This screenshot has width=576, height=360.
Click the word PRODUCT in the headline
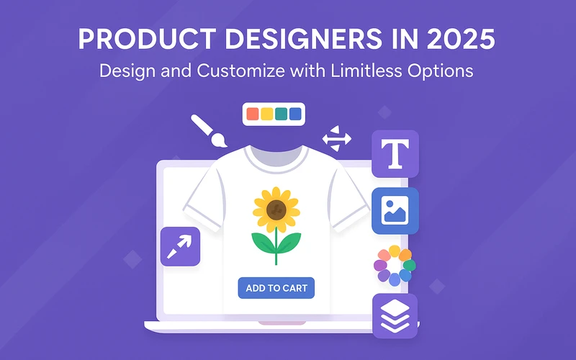coord(147,39)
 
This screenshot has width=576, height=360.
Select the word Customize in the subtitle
coord(240,71)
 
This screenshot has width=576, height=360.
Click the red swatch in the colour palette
coord(253,114)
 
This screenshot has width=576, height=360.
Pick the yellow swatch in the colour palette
coord(266,114)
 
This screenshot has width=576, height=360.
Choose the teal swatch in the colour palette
coord(281,114)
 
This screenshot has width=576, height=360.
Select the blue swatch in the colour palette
coord(295,114)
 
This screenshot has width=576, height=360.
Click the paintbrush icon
coord(209,131)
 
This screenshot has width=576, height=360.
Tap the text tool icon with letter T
coord(395,153)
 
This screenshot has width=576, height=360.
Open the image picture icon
coord(395,211)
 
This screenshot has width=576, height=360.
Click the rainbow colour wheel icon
coord(395,266)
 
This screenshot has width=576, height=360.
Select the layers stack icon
coord(395,316)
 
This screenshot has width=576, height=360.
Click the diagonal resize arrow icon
coord(181,246)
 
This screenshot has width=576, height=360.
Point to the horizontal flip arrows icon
coord(337,138)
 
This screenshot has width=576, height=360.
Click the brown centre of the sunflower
coord(276,210)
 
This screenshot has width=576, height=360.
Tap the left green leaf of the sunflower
coord(263,243)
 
